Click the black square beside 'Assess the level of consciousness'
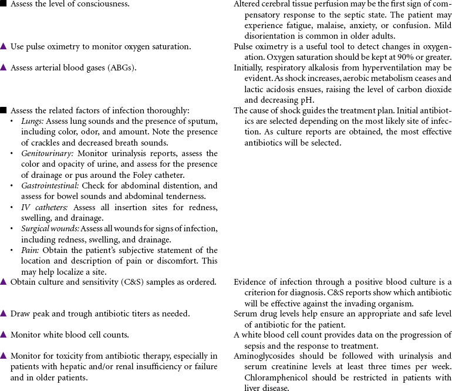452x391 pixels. click(4, 4)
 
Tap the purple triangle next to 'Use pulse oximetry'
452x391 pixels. click(4, 46)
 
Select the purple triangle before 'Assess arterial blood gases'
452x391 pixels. click(4, 68)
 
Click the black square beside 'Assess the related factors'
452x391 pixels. click(4, 110)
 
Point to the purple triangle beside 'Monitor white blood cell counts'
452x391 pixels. click(4, 335)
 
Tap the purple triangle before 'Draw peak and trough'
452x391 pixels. click(4, 314)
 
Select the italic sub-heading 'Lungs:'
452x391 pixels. click(32, 120)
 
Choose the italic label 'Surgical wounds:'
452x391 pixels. click(50, 228)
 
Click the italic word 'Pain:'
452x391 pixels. click(29, 250)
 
